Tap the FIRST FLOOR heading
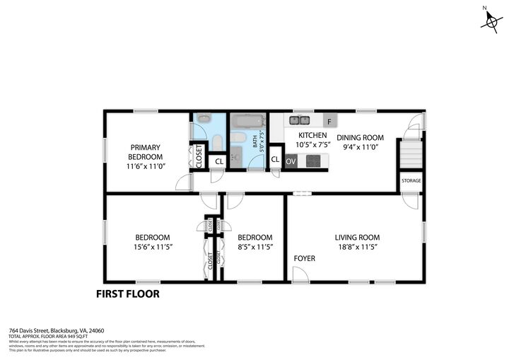(127, 294)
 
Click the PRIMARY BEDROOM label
(145, 152)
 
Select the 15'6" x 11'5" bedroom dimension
(153, 247)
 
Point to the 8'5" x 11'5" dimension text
(255, 247)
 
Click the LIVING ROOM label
(357, 238)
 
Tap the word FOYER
(305, 259)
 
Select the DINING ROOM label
(360, 138)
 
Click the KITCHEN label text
(312, 135)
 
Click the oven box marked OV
(291, 161)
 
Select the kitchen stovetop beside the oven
(313, 161)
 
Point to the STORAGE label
(411, 181)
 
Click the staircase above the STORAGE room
(411, 154)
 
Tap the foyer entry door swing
(300, 275)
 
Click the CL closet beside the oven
(275, 160)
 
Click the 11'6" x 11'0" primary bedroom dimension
(145, 166)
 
